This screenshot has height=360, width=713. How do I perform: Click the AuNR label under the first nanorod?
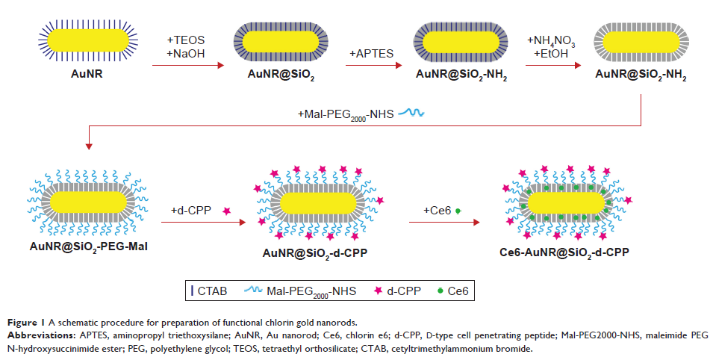(81, 75)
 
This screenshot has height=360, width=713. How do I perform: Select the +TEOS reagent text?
(185, 39)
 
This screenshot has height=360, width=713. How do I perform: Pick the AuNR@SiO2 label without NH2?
(281, 75)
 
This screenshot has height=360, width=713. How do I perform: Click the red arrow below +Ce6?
(446, 221)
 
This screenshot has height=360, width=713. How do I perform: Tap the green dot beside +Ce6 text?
(458, 212)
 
